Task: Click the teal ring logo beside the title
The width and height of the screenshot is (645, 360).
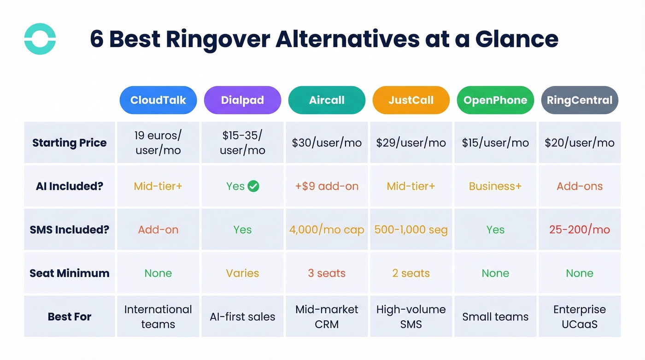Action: point(40,39)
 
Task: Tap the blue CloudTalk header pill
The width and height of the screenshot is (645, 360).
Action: point(158,100)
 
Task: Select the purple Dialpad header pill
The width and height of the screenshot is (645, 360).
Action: point(242,100)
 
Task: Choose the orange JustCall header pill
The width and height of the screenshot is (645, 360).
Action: point(411,100)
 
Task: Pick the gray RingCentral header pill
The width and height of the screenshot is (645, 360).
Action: point(580,100)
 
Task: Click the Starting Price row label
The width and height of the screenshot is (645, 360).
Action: point(70,143)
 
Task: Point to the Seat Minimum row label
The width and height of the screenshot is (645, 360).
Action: point(70,273)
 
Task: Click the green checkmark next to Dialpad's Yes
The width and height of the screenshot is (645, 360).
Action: point(253,186)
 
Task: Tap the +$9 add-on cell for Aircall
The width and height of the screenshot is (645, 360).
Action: point(327,186)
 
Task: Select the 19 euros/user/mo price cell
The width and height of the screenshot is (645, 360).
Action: point(158,143)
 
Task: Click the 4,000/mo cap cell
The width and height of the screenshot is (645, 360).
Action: point(327,230)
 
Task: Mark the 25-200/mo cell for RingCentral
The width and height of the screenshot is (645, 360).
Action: point(580,230)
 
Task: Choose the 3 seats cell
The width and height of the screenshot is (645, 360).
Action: point(327,273)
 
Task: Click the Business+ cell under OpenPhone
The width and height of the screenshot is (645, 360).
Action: point(495,186)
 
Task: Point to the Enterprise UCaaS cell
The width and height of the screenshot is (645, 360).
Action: point(580,317)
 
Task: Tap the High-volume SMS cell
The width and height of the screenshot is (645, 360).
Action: point(411,317)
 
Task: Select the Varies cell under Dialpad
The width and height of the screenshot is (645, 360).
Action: point(242,273)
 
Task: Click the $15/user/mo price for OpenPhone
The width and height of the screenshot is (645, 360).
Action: point(495,143)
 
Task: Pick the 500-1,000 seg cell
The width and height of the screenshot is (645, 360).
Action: point(411,230)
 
